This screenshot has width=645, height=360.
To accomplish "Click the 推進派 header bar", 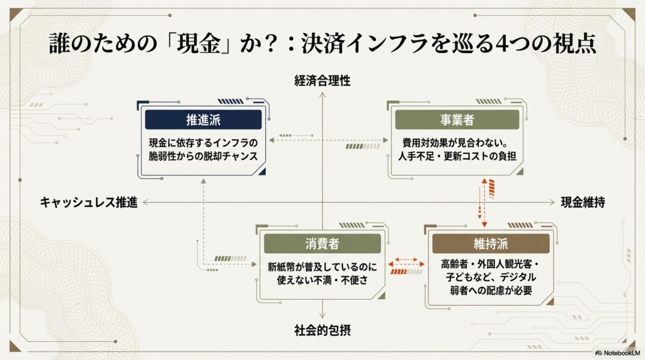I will (203, 120).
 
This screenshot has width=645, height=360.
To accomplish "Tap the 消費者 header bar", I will (322, 244).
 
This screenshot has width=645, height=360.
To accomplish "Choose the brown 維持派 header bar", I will (491, 244).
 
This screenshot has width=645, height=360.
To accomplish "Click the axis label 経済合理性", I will (322, 81).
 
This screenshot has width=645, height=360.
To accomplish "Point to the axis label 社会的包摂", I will (322, 329).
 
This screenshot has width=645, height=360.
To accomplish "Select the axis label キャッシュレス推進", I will (89, 203).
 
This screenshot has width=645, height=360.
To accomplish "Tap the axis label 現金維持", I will (583, 203).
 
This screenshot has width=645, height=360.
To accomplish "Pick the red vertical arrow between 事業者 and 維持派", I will (484, 201).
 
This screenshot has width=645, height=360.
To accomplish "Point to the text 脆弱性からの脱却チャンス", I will (203, 155).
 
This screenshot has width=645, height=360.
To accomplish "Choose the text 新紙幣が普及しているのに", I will (322, 266).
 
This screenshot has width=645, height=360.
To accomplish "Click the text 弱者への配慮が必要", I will (491, 291).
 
